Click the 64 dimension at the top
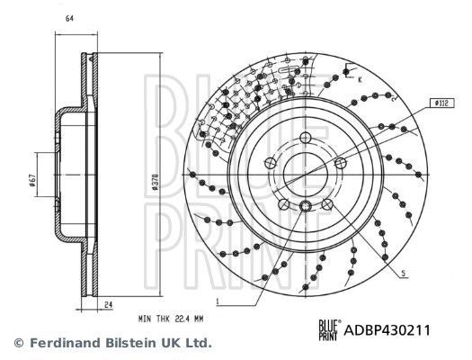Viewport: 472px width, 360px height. click(69, 18)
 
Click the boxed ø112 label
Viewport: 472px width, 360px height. click(441, 104)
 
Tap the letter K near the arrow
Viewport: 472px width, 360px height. click(359, 81)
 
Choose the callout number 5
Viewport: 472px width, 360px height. click(405, 273)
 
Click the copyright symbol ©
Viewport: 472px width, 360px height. click(17, 343)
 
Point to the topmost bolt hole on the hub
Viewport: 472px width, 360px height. click(306, 138)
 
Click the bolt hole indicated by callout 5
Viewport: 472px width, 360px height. click(341, 164)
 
